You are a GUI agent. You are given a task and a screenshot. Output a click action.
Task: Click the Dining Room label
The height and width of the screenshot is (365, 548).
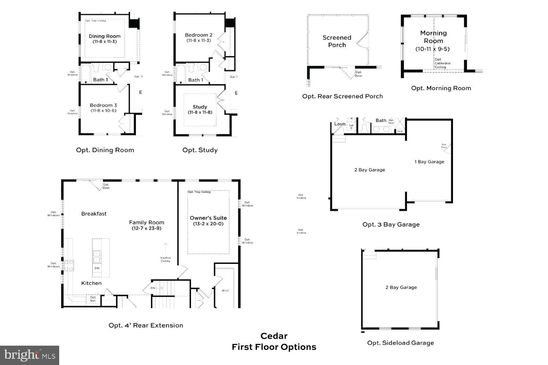[x=104, y=36]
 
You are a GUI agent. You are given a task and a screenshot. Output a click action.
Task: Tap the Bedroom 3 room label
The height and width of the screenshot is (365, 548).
[x=103, y=105]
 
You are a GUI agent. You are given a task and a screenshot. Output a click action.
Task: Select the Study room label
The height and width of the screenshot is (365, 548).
[x=200, y=107]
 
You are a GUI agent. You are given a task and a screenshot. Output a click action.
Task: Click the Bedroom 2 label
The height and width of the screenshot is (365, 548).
[x=199, y=35]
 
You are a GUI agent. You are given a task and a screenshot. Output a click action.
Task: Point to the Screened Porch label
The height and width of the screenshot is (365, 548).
[x=337, y=41]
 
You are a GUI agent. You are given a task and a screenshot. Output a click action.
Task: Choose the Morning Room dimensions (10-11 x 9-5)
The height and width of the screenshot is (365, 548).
[x=433, y=49]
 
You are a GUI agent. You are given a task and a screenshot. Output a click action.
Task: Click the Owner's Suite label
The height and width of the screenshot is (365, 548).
[x=208, y=218]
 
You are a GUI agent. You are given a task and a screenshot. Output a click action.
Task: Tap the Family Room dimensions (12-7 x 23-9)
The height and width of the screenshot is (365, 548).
[x=146, y=228]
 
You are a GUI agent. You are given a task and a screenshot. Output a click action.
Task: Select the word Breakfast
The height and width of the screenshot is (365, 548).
[x=94, y=214]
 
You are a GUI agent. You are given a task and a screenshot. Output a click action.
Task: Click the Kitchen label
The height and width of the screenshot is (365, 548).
[x=91, y=283]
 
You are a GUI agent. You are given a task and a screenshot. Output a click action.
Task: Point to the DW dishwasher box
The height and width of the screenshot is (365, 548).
[x=97, y=268]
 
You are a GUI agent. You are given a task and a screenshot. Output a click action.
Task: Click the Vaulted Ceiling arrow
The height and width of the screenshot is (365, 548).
[x=165, y=248]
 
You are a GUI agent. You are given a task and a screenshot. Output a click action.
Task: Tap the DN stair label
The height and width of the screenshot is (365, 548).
[x=153, y=288]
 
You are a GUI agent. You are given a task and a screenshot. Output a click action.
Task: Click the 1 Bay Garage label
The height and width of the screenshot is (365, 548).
[x=429, y=162]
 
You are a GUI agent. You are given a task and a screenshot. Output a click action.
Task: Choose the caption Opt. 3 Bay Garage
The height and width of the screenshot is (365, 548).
[x=391, y=224]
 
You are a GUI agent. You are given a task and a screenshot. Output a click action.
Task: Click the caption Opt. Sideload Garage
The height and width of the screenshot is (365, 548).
[x=400, y=343]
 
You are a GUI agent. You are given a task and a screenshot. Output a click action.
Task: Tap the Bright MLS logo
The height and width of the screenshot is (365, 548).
[x=30, y=355]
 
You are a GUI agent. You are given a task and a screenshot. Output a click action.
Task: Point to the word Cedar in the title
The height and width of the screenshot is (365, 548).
[x=274, y=336]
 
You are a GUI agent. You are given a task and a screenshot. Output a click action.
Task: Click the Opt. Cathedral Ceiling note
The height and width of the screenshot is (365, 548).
[x=442, y=63]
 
